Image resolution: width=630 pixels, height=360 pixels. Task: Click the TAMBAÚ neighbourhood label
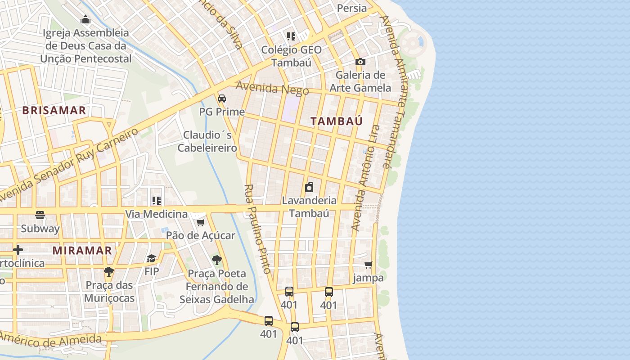[x=337, y=121]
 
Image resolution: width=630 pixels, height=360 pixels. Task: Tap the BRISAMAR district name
[x=54, y=110]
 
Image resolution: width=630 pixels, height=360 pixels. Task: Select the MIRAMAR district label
[x=82, y=251]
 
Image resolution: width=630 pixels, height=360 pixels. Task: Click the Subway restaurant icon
[x=40, y=215]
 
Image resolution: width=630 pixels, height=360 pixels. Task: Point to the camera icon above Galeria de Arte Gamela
[x=360, y=62]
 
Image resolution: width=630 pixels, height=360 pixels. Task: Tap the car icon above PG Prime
[x=222, y=99]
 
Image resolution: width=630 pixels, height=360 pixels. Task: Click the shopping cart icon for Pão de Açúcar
[x=201, y=222]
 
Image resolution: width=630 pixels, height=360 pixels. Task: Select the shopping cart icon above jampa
[x=369, y=265]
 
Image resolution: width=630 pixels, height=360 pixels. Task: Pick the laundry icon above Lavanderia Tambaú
[x=309, y=187]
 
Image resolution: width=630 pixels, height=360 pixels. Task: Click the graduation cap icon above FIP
[x=152, y=258]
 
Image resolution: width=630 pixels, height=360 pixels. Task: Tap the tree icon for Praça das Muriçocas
[x=108, y=271]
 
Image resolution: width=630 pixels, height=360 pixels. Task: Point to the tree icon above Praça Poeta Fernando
[x=216, y=260]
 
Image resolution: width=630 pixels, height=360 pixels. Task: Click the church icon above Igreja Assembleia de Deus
[x=85, y=20]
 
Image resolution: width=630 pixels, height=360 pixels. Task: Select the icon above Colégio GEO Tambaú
[x=291, y=36]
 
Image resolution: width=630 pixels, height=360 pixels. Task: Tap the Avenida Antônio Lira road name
[x=366, y=178]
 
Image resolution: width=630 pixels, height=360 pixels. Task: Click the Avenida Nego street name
[x=272, y=88]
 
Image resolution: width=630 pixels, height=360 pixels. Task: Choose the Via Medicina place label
[x=156, y=214]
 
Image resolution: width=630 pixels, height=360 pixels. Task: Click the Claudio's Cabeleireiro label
[x=207, y=141]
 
